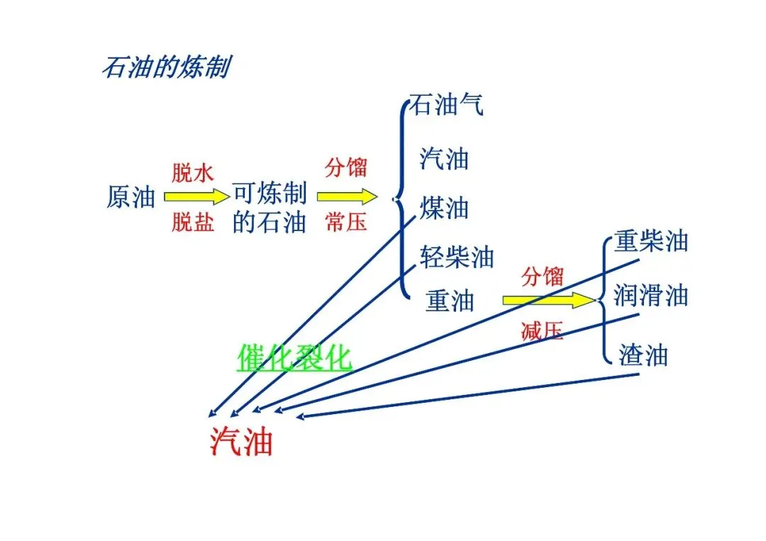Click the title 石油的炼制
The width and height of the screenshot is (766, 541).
coord(165,68)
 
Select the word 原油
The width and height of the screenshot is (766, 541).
coord(131,197)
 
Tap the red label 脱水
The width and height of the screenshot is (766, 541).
coord(192,172)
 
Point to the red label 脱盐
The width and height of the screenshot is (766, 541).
coord(192,223)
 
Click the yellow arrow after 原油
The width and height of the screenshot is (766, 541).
coord(193,196)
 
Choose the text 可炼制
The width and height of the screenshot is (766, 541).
coord(270,194)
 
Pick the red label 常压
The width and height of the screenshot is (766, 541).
coord(346,222)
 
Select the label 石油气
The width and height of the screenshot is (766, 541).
coord(447,106)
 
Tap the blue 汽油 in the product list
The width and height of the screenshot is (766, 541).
coord(444,157)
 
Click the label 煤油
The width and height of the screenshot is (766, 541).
coord(444,208)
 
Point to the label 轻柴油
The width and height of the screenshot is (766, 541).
coord(457,257)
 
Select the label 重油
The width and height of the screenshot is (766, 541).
coord(450,301)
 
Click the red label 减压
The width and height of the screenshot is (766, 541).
coord(542,330)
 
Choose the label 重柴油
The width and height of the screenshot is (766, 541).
coord(651,241)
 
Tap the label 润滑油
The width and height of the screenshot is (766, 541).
coord(651,294)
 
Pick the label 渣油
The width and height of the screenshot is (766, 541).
coord(643,355)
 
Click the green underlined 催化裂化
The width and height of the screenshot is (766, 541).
coord(294,357)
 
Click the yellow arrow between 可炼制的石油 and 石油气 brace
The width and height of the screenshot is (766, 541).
coord(347,196)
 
